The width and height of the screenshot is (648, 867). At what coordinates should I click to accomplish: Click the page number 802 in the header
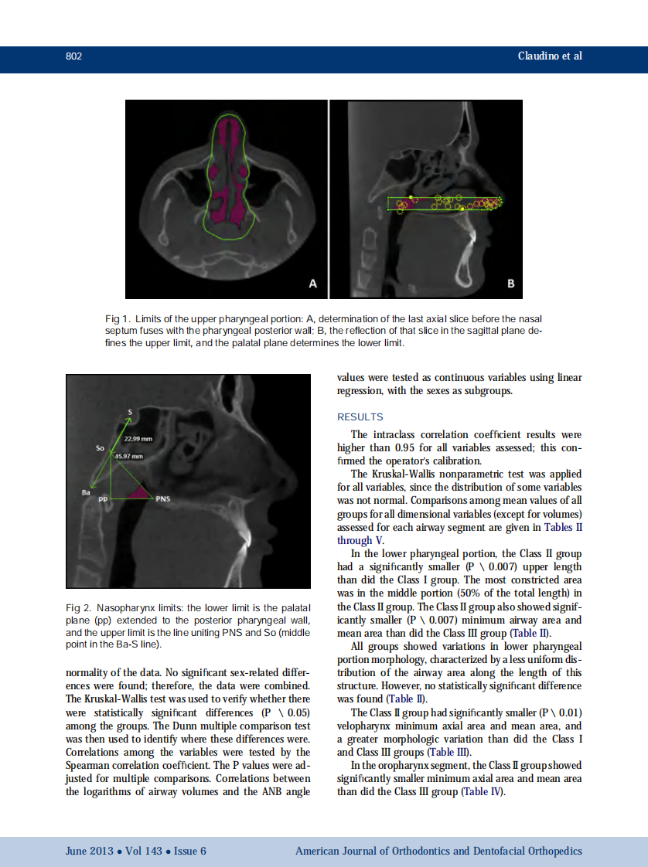click(74, 56)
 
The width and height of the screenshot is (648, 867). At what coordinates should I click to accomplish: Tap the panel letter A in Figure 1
click(312, 284)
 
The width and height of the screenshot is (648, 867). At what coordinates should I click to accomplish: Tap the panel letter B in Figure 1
click(510, 284)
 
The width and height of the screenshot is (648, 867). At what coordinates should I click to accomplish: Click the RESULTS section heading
click(360, 417)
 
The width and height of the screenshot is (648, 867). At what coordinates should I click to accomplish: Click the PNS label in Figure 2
click(163, 498)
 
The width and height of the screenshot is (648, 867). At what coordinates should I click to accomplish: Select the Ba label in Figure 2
click(86, 490)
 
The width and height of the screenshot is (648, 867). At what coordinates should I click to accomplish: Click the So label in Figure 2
click(100, 447)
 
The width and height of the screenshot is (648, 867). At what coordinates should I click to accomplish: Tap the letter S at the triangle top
click(129, 412)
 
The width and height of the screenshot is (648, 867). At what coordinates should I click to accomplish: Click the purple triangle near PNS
click(139, 491)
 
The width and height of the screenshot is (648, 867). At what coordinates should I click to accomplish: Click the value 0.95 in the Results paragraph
click(406, 447)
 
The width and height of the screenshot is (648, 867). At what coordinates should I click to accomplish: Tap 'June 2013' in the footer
click(88, 851)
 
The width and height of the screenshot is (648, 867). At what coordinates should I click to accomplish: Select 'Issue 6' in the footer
click(190, 851)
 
